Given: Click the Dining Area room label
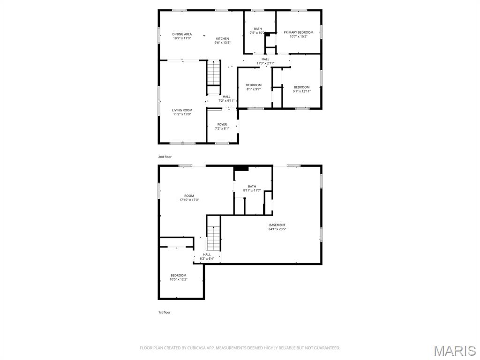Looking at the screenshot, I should pyautogui.click(x=182, y=34).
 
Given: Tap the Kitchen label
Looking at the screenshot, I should pyautogui.click(x=222, y=38).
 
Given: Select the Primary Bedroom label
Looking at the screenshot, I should pyautogui.click(x=298, y=32).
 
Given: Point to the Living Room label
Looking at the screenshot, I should pyautogui.click(x=182, y=110).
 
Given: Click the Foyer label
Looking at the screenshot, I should pyautogui.click(x=222, y=125).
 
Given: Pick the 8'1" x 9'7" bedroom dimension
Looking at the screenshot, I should pyautogui.click(x=254, y=89).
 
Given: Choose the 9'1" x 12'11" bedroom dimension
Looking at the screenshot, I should pyautogui.click(x=301, y=91).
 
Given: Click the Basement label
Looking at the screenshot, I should pyautogui.click(x=277, y=225).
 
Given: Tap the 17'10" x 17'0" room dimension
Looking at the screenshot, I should pyautogui.click(x=189, y=200).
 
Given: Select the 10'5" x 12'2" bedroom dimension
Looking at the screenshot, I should pyautogui.click(x=178, y=279).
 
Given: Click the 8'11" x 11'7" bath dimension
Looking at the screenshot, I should pyautogui.click(x=252, y=190).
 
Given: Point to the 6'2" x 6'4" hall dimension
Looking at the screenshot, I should pyautogui.click(x=207, y=259).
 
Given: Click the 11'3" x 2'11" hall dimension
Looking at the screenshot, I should pyautogui.click(x=265, y=63).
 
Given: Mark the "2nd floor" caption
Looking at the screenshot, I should pyautogui.click(x=165, y=157).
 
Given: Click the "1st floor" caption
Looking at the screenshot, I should pyautogui.click(x=164, y=312).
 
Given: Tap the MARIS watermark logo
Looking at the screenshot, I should pyautogui.click(x=454, y=351).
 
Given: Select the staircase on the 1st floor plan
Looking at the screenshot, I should pyautogui.click(x=214, y=238).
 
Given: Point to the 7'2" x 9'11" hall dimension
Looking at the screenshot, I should pyautogui.click(x=226, y=101).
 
